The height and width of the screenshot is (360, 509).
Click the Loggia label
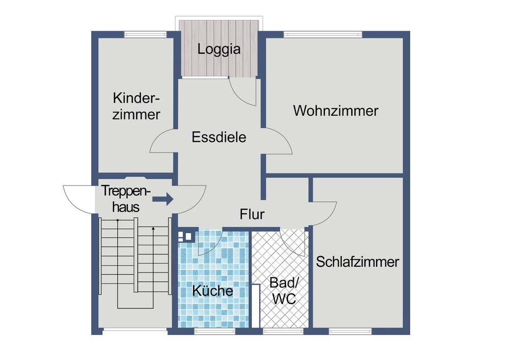[219, 50]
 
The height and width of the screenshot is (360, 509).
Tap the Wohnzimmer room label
[335, 110]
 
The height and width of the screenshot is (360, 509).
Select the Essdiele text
[219, 137]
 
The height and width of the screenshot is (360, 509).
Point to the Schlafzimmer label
[357, 262]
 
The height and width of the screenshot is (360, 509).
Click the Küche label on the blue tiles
[212, 291]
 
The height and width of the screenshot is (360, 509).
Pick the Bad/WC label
[283, 291]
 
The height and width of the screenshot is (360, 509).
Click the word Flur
[252, 215]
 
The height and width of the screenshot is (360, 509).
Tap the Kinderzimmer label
[136, 106]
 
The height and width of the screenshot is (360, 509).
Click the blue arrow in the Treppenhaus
[163, 199]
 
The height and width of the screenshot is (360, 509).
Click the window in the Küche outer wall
[214, 331]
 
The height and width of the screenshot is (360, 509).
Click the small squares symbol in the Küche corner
[186, 236]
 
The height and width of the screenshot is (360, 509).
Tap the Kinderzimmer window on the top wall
[145, 35]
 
